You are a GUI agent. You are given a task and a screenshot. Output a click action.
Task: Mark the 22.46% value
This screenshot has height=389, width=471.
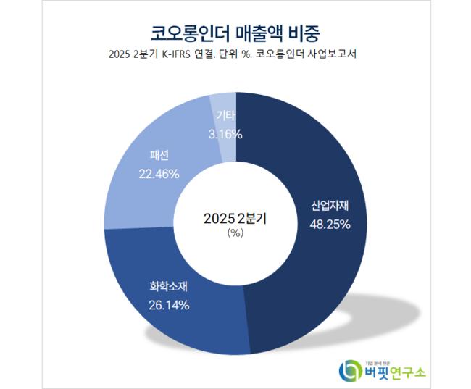159,173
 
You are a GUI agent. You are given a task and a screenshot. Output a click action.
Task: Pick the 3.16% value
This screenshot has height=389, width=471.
225,133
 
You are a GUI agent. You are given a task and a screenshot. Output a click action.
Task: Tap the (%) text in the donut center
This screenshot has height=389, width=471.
235,233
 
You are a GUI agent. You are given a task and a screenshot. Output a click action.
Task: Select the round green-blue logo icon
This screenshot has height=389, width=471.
350,370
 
